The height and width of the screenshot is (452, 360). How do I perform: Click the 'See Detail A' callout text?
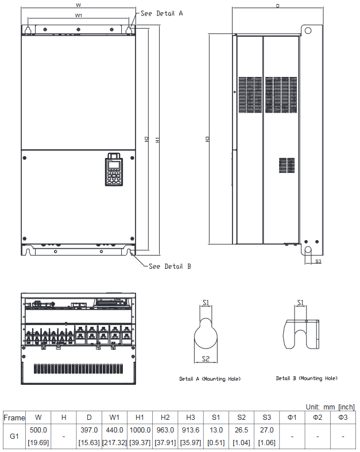point(161,13)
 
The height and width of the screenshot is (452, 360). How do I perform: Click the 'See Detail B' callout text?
point(169,266)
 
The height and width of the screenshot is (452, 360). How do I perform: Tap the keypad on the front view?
point(114,170)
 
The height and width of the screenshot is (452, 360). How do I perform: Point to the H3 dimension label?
point(208,139)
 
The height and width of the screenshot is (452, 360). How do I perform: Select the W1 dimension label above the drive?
point(78,16)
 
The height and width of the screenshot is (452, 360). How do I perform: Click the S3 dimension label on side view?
point(318,261)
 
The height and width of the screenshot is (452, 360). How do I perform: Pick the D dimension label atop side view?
point(277,6)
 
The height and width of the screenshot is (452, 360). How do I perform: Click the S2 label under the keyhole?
point(206,359)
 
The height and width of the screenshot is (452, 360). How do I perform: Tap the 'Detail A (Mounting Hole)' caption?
point(210,379)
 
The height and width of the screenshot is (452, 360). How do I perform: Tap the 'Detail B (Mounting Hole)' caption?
point(307,378)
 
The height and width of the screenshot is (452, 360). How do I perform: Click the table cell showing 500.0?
point(38,430)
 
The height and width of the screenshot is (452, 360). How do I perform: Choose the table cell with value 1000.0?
point(140,430)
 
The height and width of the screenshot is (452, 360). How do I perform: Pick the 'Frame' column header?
point(14,417)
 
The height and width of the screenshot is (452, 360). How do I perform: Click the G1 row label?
point(14,436)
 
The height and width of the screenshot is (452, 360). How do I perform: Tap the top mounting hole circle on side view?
point(308,30)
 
